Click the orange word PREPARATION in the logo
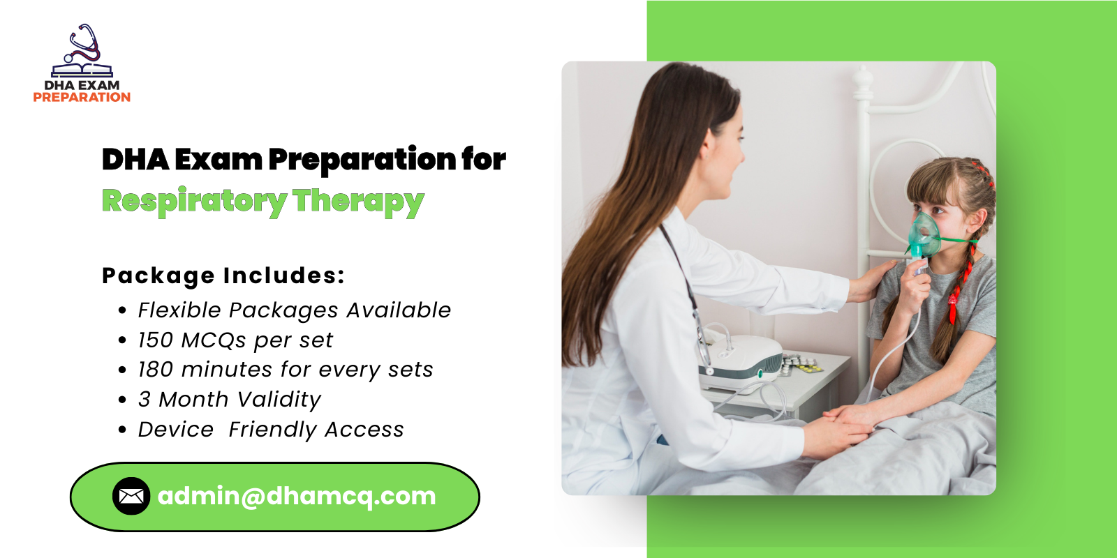point(82,98)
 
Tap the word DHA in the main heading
point(135,160)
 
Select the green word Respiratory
point(194,202)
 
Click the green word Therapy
point(358,202)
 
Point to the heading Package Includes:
point(223,276)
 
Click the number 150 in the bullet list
point(155,340)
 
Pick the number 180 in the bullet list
point(155,370)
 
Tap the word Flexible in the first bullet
point(179,310)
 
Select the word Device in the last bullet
point(175,430)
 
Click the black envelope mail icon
point(131,496)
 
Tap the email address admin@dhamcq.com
point(297,496)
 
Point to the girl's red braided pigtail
point(958,279)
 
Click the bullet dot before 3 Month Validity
point(122,400)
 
